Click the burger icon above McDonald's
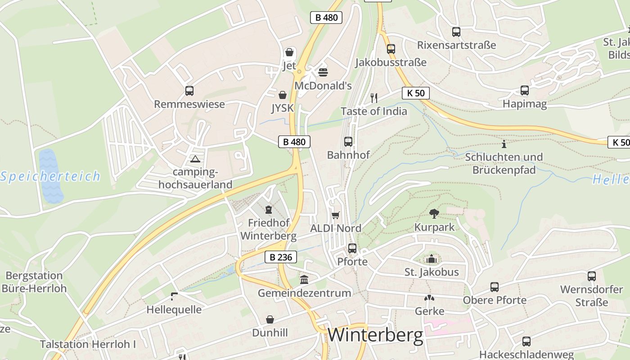tap(323, 72)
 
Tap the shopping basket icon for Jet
tap(289, 53)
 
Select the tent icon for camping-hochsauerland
tap(195, 158)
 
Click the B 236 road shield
tap(281, 257)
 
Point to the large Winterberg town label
tap(375, 335)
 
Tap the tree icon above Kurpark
tap(434, 213)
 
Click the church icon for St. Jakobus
tap(432, 259)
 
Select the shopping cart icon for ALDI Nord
tap(335, 215)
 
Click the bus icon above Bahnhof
tap(348, 142)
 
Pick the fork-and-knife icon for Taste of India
tap(373, 97)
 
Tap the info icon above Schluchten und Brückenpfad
tap(504, 144)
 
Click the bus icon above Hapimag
tap(525, 90)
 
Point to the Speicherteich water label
tap(50, 176)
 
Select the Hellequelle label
tap(174, 310)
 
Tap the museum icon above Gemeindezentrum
tap(304, 280)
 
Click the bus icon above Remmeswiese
tap(189, 91)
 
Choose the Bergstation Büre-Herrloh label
tap(34, 282)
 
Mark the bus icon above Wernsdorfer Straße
tap(592, 276)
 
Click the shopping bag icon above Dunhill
tap(270, 319)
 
